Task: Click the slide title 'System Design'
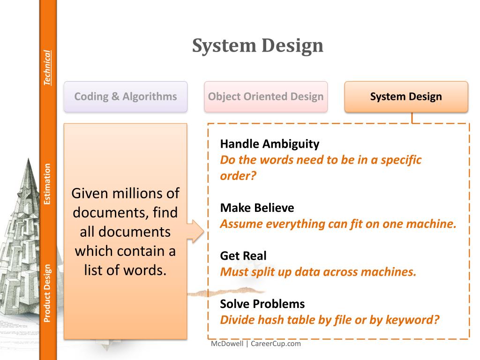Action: [258, 46]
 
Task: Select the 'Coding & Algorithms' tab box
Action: [126, 97]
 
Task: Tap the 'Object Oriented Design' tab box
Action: [266, 97]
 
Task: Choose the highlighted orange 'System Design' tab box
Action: [406, 97]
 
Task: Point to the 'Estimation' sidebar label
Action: [47, 184]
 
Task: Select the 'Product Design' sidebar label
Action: [47, 293]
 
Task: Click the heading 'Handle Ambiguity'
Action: [270, 143]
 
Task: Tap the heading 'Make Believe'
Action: [257, 208]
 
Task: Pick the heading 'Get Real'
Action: [243, 255]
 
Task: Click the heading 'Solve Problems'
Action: [262, 304]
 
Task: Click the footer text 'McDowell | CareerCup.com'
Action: [256, 344]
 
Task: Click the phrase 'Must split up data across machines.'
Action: [318, 272]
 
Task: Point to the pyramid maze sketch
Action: [23, 234]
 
